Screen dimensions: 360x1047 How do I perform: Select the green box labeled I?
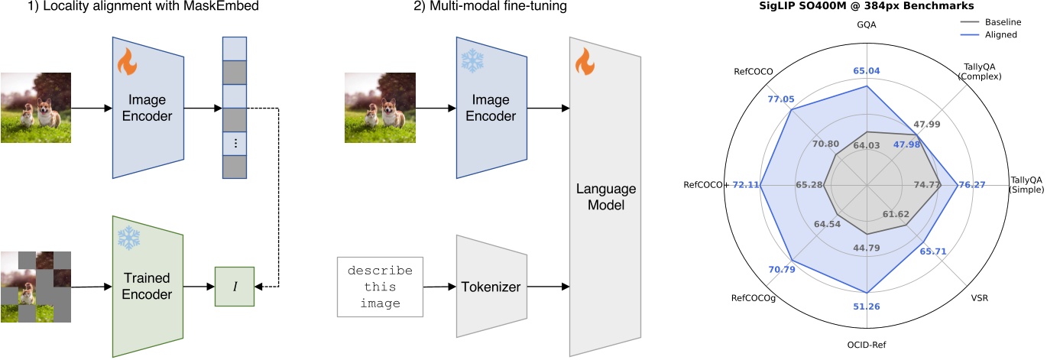click(234, 287)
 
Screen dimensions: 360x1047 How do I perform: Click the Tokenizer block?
click(491, 287)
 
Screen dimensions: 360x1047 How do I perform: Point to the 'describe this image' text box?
click(380, 287)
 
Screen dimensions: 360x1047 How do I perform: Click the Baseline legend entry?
click(1001, 22)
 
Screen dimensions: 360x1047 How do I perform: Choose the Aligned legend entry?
click(999, 34)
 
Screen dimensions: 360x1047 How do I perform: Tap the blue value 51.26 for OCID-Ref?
click(867, 306)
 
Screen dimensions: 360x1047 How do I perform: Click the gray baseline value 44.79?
click(867, 247)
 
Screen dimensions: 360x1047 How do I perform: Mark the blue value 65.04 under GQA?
click(867, 70)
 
